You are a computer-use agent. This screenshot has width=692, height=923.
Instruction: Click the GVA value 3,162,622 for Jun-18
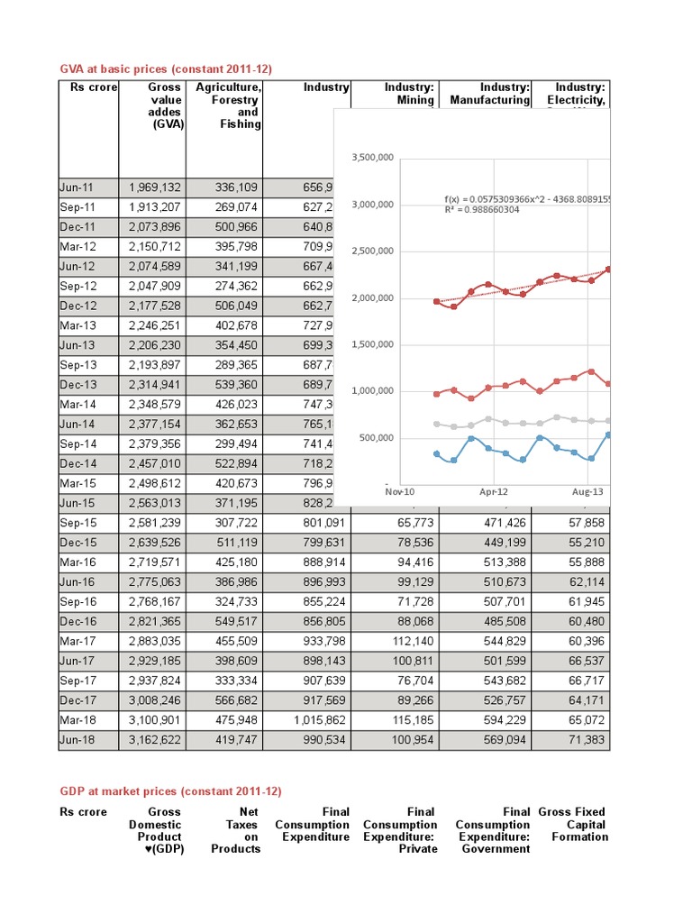pyautogui.click(x=155, y=740)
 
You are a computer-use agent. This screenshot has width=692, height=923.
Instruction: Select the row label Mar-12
pyautogui.click(x=77, y=246)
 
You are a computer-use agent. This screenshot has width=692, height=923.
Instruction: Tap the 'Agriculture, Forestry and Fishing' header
pyautogui.click(x=235, y=106)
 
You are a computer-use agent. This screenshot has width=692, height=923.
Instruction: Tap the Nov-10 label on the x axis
pyautogui.click(x=398, y=492)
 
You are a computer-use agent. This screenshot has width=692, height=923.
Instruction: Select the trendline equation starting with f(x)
pyautogui.click(x=527, y=198)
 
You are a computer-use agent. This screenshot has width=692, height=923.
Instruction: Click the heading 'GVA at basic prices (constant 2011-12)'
pyautogui.click(x=165, y=69)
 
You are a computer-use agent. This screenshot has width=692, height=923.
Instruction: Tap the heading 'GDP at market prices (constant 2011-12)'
pyautogui.click(x=170, y=790)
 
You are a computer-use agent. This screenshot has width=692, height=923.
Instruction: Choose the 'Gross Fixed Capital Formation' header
pyautogui.click(x=572, y=825)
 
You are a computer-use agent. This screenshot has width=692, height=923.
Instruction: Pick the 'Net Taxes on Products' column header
pyautogui.click(x=241, y=830)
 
